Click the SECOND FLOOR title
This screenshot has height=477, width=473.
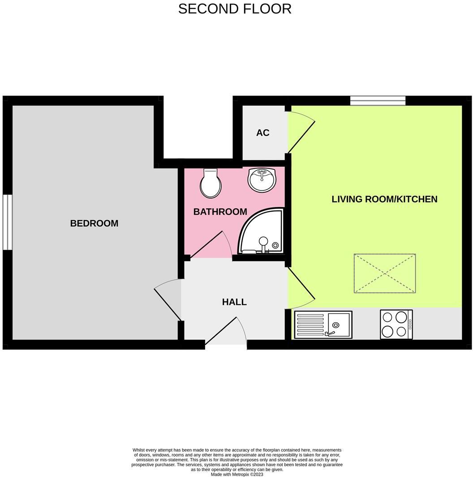tap(235, 9)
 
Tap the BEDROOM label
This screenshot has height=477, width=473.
tap(94, 223)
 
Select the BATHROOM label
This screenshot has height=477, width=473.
tap(220, 212)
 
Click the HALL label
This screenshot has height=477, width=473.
tap(234, 302)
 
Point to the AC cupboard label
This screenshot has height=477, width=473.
tap(263, 133)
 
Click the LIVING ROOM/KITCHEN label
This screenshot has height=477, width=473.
tap(384, 199)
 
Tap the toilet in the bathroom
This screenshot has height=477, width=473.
tap(211, 183)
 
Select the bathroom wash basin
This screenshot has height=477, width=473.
tap(262, 180)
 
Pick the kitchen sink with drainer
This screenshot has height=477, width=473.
tap(323, 325)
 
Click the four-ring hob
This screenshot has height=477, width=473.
tap(396, 324)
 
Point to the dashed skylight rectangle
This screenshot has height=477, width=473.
tap(385, 273)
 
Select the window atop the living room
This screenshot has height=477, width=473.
tap(378, 100)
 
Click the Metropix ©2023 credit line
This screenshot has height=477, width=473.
tap(237, 474)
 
